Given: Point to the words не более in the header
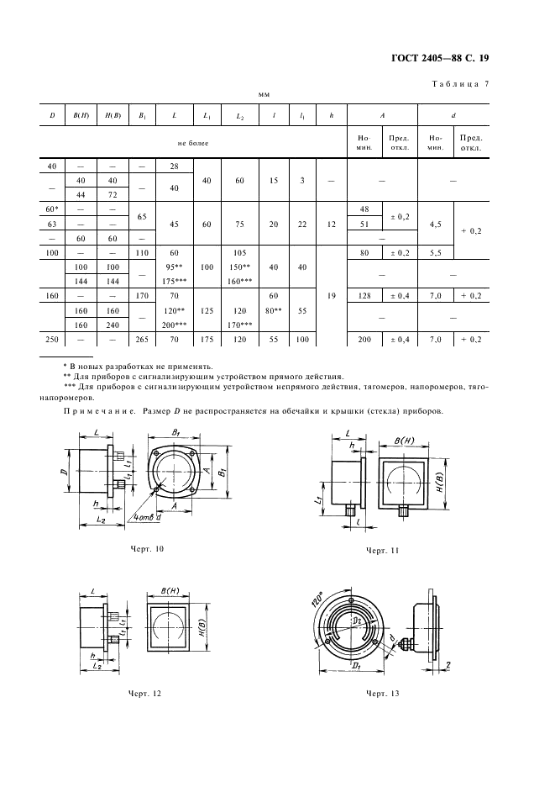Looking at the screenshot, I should coord(192,143).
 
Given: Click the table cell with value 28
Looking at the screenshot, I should coord(174,166).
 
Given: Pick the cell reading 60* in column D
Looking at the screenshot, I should coord(52,207).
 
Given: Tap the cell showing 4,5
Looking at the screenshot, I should coord(435,224).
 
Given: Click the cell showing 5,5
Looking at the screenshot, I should coord(435,251).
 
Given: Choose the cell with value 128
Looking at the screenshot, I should coord(364,296).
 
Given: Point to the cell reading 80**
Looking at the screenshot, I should coord(272,309).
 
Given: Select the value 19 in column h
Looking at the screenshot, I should coord(332,295).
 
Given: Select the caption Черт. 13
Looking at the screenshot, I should coord(382,694).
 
